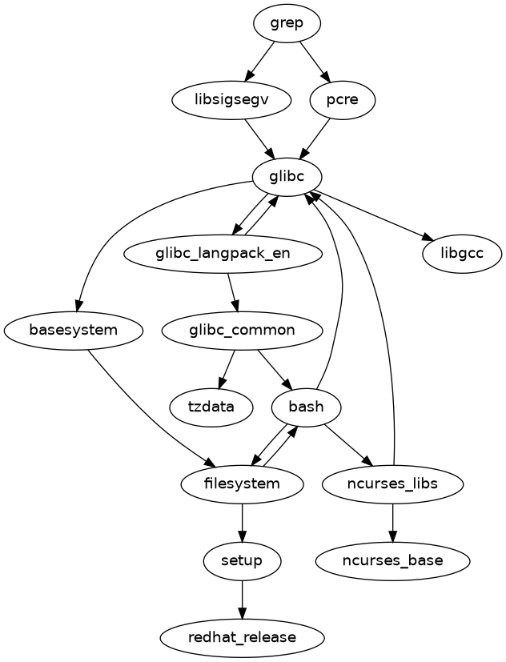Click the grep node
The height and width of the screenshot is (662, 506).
pyautogui.click(x=287, y=23)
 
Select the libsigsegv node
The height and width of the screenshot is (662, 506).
pyautogui.click(x=231, y=100)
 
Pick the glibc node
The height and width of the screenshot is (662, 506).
pyautogui.click(x=287, y=177)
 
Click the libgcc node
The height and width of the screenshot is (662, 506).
pyautogui.click(x=461, y=254)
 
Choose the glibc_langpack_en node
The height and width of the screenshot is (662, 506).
pyautogui.click(x=223, y=254)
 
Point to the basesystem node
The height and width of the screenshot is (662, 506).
pyautogui.click(x=74, y=331)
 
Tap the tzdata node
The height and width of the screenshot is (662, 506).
pyautogui.click(x=211, y=407)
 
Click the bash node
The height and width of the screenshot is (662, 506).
pyautogui.click(x=307, y=407)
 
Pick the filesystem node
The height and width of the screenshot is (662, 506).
pyautogui.click(x=242, y=483)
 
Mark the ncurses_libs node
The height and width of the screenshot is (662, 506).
pyautogui.click(x=392, y=483)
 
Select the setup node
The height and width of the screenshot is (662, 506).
pyautogui.click(x=242, y=560)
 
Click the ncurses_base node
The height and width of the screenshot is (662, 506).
pyautogui.click(x=392, y=560)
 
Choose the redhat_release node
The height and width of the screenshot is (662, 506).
pyautogui.click(x=242, y=637)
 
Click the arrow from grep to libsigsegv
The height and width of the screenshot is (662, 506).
pyautogui.click(x=259, y=61)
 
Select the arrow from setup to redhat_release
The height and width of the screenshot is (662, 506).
pyautogui.click(x=242, y=599)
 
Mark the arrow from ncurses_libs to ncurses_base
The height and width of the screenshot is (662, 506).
pyautogui.click(x=392, y=522)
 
